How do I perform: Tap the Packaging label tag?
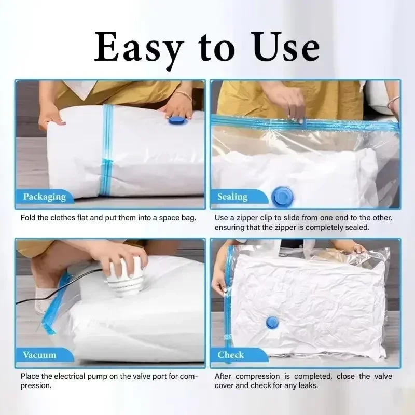point(45,197)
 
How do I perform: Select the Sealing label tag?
point(232,197)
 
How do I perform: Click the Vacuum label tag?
point(39,355)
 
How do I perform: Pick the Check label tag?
point(231,355)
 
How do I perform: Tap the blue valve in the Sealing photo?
point(281,196)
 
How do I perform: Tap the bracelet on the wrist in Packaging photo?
point(183,95)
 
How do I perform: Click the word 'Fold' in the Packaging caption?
point(28,218)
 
